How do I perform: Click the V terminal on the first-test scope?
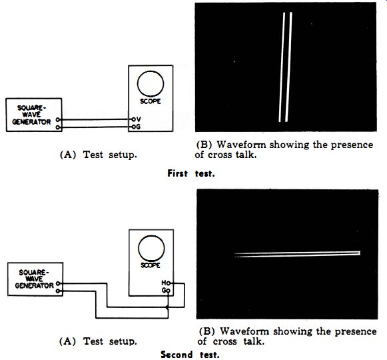click(x=133, y=119)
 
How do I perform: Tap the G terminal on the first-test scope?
click(x=133, y=127)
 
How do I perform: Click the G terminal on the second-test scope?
click(x=168, y=291)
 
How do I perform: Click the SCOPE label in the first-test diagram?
click(x=151, y=101)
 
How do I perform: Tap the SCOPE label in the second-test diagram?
click(x=151, y=265)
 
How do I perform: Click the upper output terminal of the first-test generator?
click(x=58, y=119)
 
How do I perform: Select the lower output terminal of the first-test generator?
click(x=58, y=127)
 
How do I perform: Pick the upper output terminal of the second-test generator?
click(x=58, y=283)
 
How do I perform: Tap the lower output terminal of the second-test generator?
click(x=58, y=291)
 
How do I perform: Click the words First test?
click(x=191, y=173)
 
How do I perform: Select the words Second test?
click(x=190, y=355)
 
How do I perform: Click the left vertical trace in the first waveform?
click(x=282, y=67)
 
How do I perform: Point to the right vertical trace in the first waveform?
click(x=288, y=67)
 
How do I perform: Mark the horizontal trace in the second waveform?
click(x=297, y=254)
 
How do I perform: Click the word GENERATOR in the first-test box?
click(x=31, y=122)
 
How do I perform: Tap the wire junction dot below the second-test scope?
click(x=167, y=307)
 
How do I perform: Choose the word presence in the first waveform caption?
click(x=352, y=145)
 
